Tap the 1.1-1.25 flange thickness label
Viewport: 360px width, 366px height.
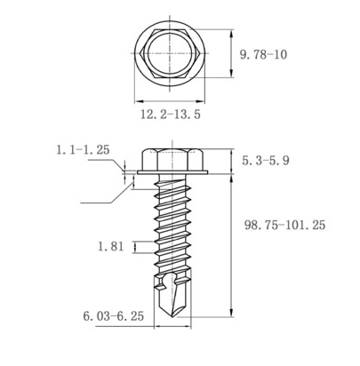tap(83, 150)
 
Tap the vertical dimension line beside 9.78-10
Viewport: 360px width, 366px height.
tap(230, 55)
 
